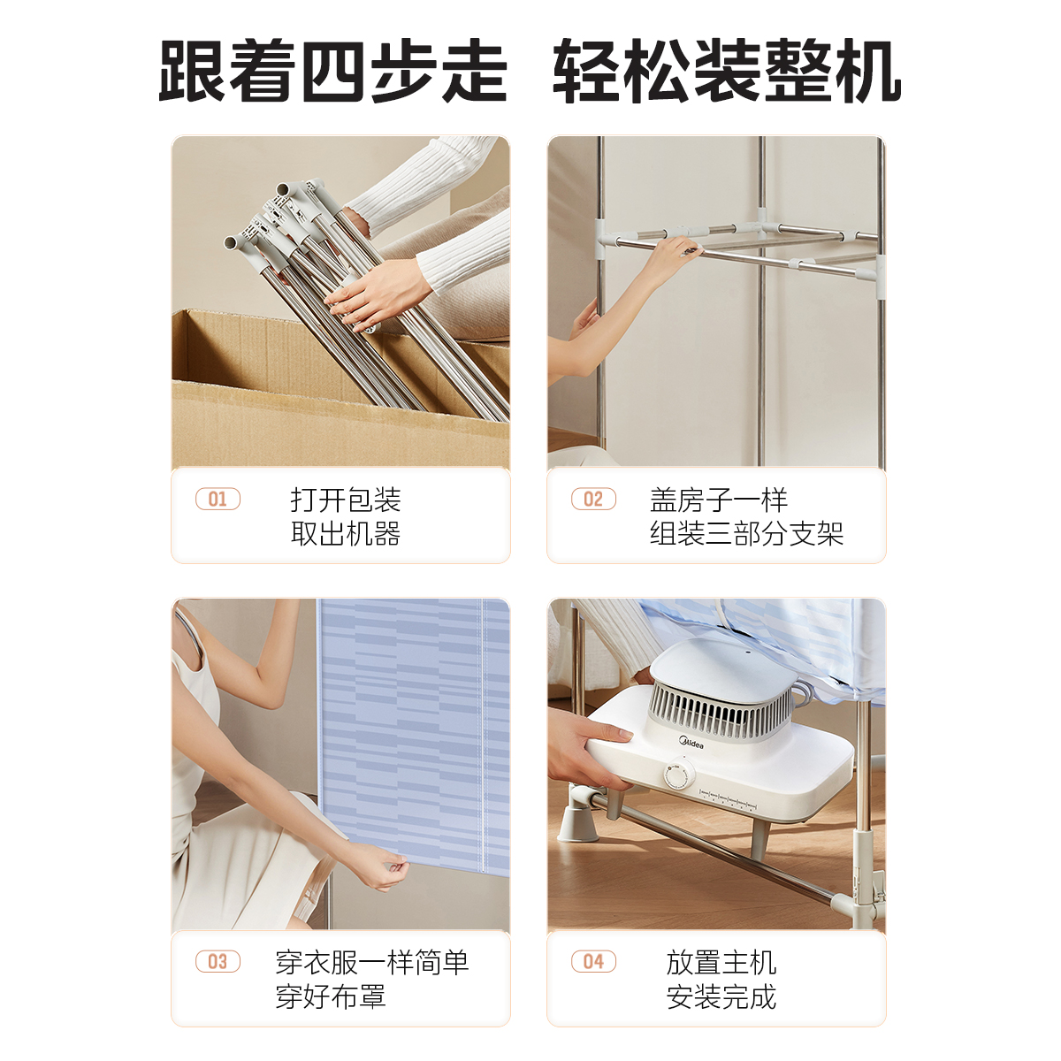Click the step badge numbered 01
[x=218, y=500]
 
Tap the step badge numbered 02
[x=593, y=500]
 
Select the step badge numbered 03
[x=218, y=962]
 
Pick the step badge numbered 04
[x=593, y=962]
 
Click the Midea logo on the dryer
[x=691, y=744]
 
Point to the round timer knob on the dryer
[x=677, y=777]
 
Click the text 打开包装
[x=346, y=500]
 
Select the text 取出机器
[x=346, y=533]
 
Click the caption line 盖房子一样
[x=719, y=500]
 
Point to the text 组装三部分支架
[x=746, y=533]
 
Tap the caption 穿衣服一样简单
[x=372, y=962]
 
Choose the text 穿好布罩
[x=331, y=996]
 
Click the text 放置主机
[x=721, y=962]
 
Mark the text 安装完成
[x=721, y=996]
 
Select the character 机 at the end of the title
[x=867, y=72]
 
